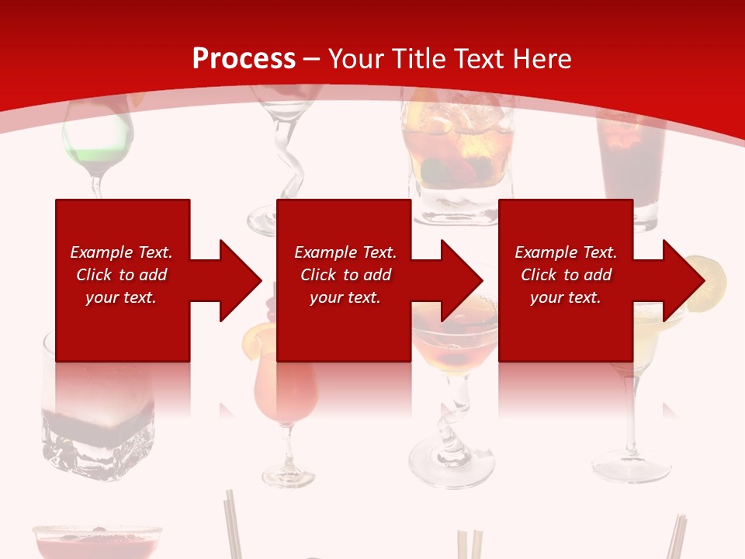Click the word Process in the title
[244, 58]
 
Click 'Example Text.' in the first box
[121, 252]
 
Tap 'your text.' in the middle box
[345, 297]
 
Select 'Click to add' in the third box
[566, 275]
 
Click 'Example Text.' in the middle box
[345, 252]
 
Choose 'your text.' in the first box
[121, 297]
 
